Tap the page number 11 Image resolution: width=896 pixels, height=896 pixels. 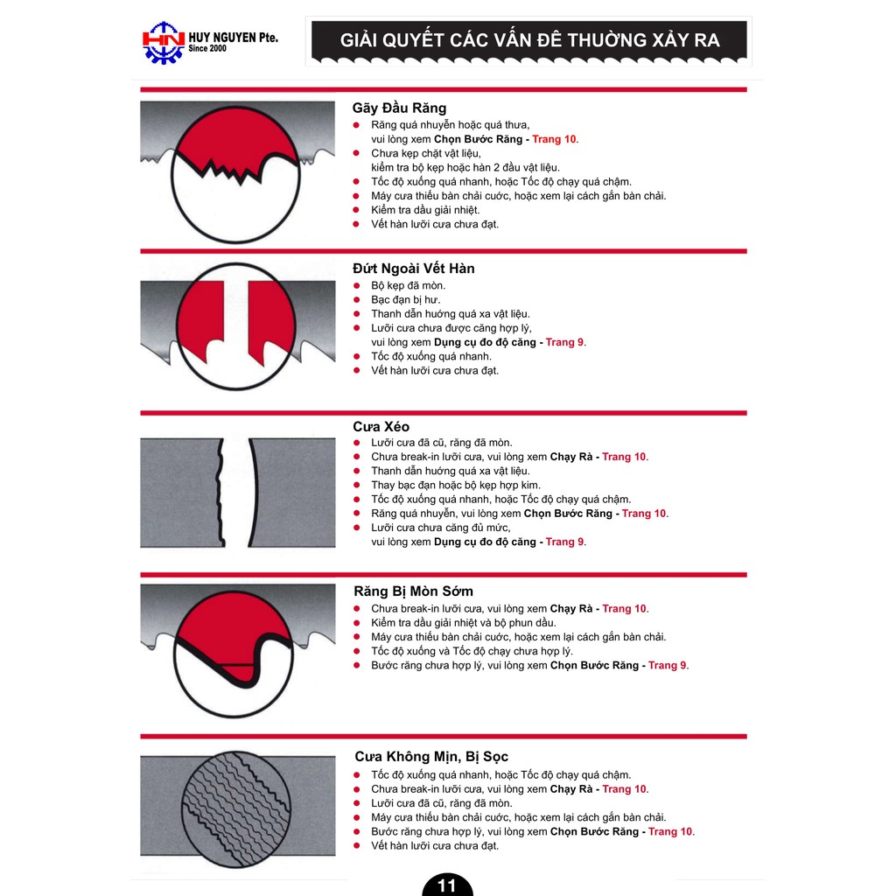click(447, 885)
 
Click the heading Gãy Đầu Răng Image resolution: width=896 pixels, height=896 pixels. click(399, 108)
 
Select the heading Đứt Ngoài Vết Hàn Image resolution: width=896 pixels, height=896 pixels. click(413, 268)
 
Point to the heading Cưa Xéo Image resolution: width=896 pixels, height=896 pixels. click(381, 426)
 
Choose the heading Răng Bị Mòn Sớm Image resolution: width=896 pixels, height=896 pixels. click(413, 591)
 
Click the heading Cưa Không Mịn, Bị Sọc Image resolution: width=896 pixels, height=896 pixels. click(430, 756)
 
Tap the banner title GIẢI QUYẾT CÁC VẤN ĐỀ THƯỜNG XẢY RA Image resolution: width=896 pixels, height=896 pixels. click(529, 40)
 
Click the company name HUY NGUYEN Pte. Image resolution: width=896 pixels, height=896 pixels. click(234, 37)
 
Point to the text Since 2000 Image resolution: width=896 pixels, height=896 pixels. click(207, 50)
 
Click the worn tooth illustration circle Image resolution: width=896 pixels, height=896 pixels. click(234, 651)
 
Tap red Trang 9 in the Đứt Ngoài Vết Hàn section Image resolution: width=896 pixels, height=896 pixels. click(564, 342)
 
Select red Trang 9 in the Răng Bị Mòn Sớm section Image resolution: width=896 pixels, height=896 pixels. click(667, 665)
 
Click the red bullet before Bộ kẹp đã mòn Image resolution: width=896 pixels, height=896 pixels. click(357, 286)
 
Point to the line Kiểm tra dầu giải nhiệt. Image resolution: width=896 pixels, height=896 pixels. click(425, 210)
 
